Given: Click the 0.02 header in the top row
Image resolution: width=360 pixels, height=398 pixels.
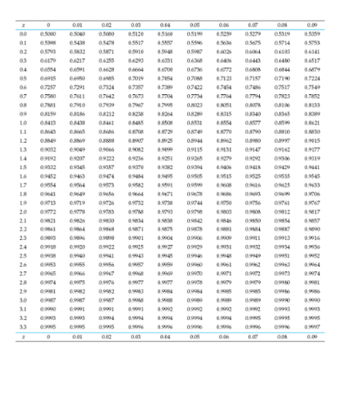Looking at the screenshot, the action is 107,25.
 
